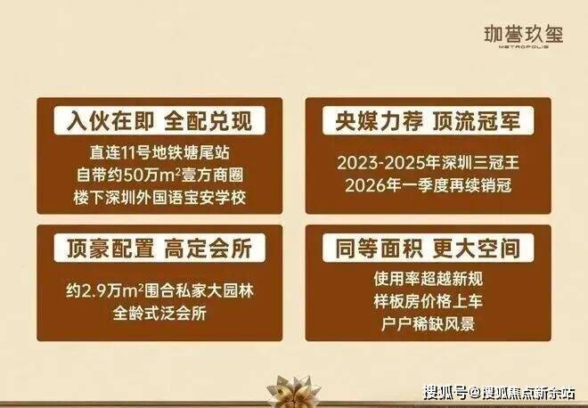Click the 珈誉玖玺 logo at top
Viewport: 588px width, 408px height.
[524, 35]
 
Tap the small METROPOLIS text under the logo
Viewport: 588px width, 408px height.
[524, 47]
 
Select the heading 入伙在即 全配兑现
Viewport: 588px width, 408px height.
[159, 120]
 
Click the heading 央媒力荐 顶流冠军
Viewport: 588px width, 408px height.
[428, 120]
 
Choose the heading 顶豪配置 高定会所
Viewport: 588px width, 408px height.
[159, 248]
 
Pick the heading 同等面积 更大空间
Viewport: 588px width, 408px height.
[428, 248]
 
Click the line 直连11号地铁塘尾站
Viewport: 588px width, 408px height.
[159, 152]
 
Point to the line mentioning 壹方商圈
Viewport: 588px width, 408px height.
[159, 175]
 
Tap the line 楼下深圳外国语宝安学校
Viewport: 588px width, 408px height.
[159, 198]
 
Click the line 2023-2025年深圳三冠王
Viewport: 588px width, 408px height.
[428, 163]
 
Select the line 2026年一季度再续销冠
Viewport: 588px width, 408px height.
[428, 185]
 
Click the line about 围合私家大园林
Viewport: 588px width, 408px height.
[159, 290]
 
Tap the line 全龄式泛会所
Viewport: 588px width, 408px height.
[159, 313]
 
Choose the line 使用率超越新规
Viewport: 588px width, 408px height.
[428, 279]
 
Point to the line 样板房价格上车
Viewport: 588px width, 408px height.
[428, 301]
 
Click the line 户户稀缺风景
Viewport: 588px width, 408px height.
[428, 323]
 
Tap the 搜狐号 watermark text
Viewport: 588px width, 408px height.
[445, 394]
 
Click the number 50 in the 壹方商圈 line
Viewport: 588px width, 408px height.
[132, 175]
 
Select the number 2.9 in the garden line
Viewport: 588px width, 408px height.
[93, 291]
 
